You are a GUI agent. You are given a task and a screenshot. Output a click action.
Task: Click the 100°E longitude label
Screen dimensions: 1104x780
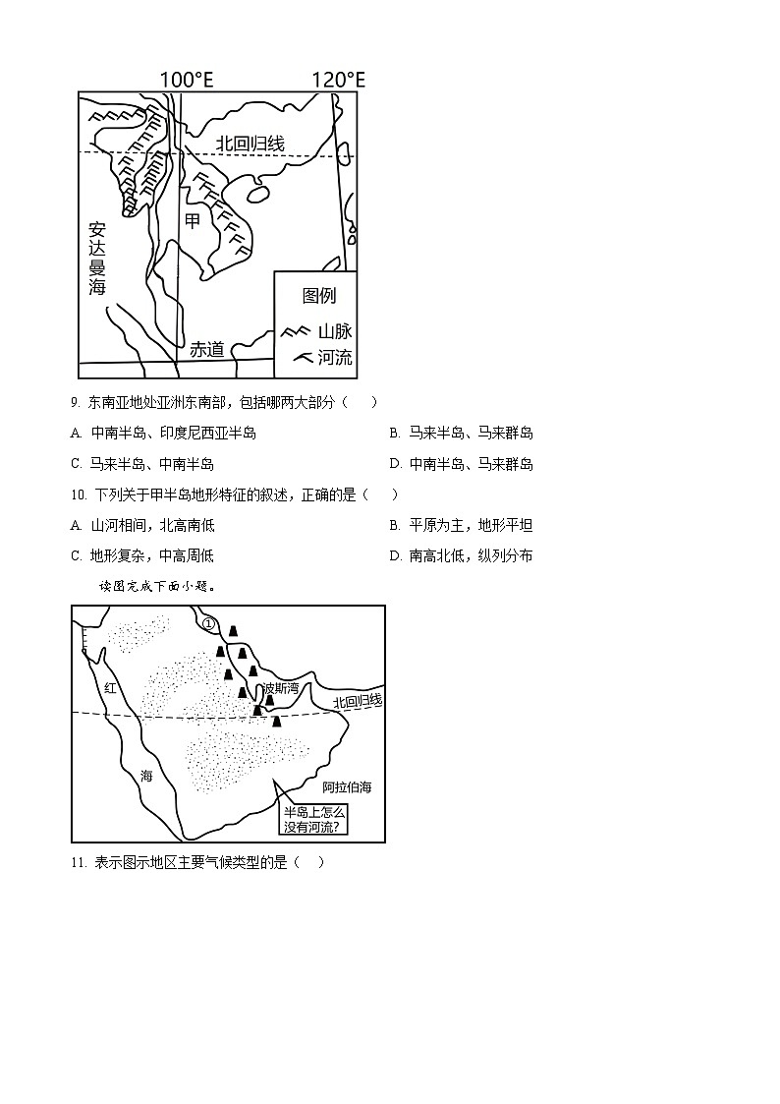187,80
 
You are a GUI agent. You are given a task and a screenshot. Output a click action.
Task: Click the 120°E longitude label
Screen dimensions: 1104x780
338,80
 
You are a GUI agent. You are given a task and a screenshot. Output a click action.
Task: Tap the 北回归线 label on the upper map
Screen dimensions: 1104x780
251,145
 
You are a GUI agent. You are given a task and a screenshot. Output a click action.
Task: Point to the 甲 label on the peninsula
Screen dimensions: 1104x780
193,221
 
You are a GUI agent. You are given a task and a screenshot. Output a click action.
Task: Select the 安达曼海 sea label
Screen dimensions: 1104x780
96,258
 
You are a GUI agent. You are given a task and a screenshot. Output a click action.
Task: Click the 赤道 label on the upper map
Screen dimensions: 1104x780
207,349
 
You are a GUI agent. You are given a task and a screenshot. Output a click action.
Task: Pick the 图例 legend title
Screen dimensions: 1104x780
319,296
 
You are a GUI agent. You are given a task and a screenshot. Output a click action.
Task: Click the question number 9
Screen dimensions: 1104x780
75,402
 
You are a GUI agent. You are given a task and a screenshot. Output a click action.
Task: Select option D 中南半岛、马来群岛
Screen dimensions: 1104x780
462,464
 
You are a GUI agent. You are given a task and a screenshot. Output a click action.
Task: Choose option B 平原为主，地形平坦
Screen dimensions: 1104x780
462,525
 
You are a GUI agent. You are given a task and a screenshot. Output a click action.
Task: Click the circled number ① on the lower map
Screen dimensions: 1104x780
207,622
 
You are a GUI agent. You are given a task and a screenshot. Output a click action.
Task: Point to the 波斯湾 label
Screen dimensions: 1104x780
279,688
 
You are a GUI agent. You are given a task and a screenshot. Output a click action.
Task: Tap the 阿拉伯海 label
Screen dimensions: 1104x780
347,787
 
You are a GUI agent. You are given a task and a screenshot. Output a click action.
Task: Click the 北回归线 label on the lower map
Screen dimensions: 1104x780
357,701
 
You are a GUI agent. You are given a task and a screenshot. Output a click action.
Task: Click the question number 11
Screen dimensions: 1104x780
79,862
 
